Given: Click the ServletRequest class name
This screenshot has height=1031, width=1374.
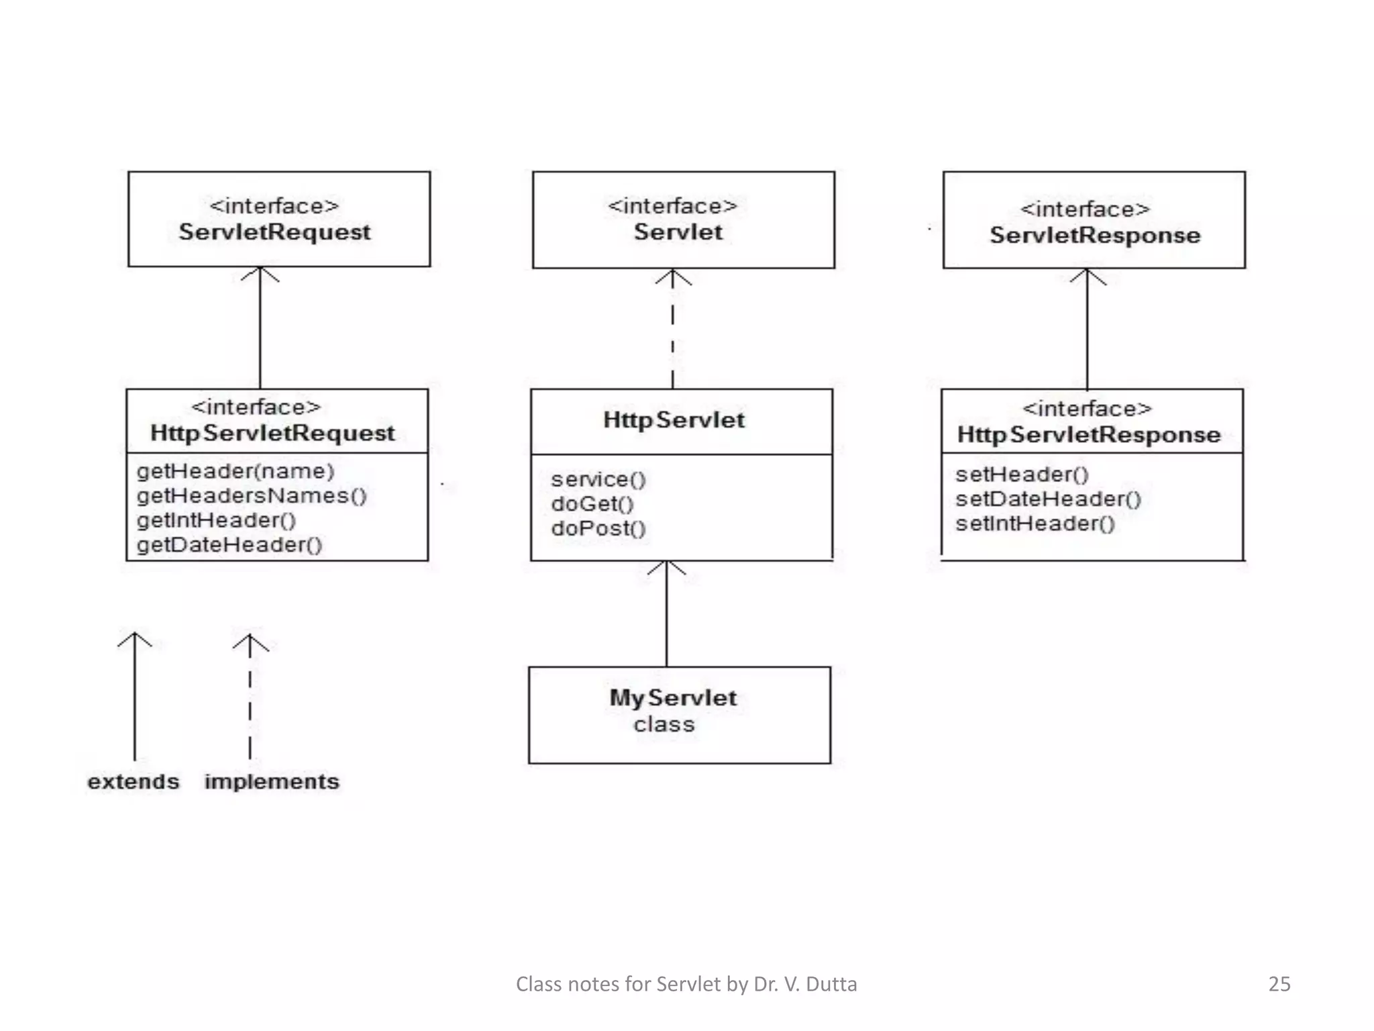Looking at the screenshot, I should point(274,232).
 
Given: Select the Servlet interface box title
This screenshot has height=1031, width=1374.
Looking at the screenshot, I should point(678,232).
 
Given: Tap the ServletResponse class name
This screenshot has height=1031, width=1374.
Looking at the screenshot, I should point(1095,236).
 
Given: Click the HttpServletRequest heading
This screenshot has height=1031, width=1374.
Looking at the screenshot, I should point(272,433).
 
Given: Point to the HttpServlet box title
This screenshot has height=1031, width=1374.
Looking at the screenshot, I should point(674,420).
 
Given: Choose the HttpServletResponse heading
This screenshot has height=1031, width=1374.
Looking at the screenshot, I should point(1088,435).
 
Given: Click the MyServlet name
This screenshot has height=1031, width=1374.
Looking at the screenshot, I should point(673,698).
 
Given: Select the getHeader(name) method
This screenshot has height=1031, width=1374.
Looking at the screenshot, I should point(235,471).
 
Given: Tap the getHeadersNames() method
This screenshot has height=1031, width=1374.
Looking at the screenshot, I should point(252,496).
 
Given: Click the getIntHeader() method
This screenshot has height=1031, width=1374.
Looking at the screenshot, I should point(217,520).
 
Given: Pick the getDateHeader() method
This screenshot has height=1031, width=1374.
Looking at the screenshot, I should point(230,544).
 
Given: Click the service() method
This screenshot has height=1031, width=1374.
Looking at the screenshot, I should point(598,479).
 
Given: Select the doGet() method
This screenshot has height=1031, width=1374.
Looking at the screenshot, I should point(592,504).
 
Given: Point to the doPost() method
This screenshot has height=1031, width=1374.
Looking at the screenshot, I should point(598,528).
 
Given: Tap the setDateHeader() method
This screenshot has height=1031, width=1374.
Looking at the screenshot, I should point(1048,499).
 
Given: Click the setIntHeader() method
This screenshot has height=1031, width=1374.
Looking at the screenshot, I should point(1035,524).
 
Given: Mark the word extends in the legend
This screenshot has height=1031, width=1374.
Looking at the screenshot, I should point(134,782).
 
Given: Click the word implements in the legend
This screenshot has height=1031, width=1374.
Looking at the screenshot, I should point(272,782).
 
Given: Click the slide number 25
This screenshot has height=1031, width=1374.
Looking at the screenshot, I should point(1279,984).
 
